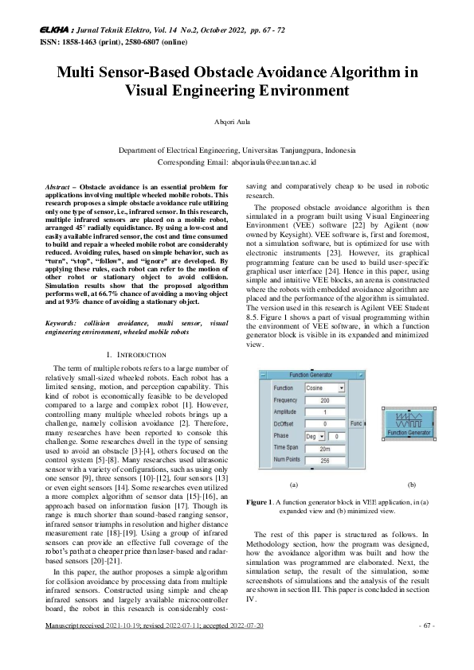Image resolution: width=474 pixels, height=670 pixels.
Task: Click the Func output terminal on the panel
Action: coord(358,425)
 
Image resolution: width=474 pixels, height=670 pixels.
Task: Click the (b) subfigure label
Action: coord(411,484)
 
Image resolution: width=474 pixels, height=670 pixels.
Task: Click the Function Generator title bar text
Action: coord(314,373)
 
